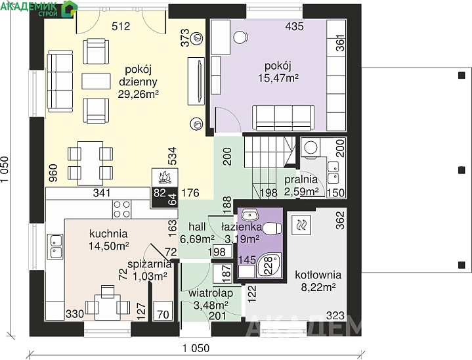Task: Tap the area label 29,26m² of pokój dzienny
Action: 138,95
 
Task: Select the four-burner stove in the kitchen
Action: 122,209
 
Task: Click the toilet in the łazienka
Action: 272,228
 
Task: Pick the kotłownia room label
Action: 318,275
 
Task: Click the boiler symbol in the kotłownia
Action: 301,225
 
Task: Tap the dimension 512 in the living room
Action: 121,26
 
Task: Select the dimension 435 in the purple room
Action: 294,26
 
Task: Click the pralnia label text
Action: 301,179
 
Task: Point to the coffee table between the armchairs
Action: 95,81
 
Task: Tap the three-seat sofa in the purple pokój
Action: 283,118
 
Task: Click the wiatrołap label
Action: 211,293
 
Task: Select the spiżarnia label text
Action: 150,264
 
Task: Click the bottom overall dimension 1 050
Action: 196,349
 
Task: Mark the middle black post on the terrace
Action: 461,170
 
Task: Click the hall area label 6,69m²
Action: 197,240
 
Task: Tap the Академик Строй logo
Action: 39,8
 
